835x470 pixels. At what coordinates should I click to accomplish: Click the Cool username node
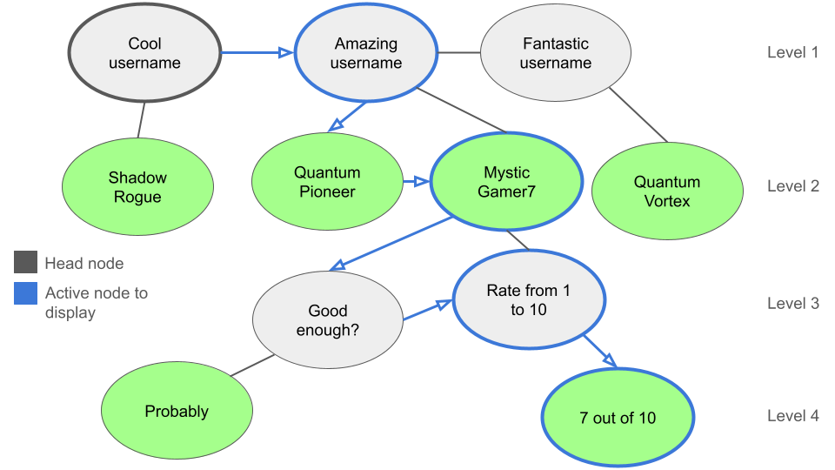pyautogui.click(x=144, y=53)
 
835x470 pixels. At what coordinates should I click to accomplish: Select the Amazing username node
pyautogui.click(x=366, y=53)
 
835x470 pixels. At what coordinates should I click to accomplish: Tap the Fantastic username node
pyautogui.click(x=556, y=53)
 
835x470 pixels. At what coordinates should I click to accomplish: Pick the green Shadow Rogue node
pyautogui.click(x=137, y=187)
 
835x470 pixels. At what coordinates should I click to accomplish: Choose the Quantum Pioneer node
pyautogui.click(x=327, y=182)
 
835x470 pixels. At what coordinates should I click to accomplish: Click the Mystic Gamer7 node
pyautogui.click(x=506, y=182)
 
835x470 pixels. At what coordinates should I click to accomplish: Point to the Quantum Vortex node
pyautogui.click(x=667, y=191)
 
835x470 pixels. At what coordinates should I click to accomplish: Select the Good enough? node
pyautogui.click(x=328, y=320)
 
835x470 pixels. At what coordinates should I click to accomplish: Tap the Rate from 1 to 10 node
pyautogui.click(x=529, y=300)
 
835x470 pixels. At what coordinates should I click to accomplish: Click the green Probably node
pyautogui.click(x=177, y=412)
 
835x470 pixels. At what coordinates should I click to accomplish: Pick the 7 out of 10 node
pyautogui.click(x=618, y=418)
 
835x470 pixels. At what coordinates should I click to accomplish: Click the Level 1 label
pyautogui.click(x=792, y=52)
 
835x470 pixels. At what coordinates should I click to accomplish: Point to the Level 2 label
pyautogui.click(x=792, y=186)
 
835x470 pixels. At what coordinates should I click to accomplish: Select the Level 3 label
pyautogui.click(x=792, y=304)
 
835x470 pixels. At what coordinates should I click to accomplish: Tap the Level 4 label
pyautogui.click(x=792, y=416)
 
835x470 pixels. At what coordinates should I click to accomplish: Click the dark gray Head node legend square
pyautogui.click(x=26, y=263)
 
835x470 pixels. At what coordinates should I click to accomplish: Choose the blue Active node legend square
pyautogui.click(x=26, y=293)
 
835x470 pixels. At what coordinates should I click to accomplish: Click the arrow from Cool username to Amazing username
pyautogui.click(x=256, y=53)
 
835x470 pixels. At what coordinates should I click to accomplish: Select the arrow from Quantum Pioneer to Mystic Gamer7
pyautogui.click(x=416, y=182)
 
